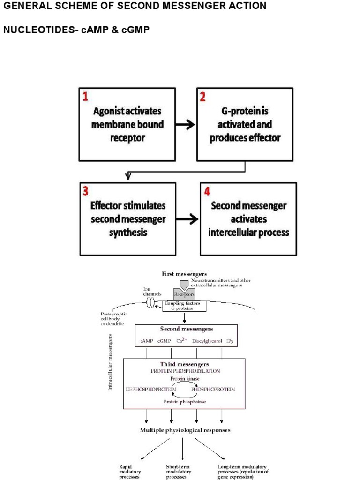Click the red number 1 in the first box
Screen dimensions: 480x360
[x=85, y=97]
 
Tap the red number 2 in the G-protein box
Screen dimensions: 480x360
[x=202, y=97]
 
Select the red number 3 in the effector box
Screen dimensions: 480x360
[x=85, y=191]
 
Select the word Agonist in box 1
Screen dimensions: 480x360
[x=108, y=112]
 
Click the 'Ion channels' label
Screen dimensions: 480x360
[x=152, y=292]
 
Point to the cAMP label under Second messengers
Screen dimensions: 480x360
[x=147, y=342]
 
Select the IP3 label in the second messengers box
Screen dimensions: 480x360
[x=230, y=342]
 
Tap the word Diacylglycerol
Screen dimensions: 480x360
[x=206, y=342]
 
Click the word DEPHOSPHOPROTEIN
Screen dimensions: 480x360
[x=150, y=389]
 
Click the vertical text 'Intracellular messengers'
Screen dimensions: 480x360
[x=111, y=363]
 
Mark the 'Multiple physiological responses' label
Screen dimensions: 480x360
[x=185, y=430]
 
